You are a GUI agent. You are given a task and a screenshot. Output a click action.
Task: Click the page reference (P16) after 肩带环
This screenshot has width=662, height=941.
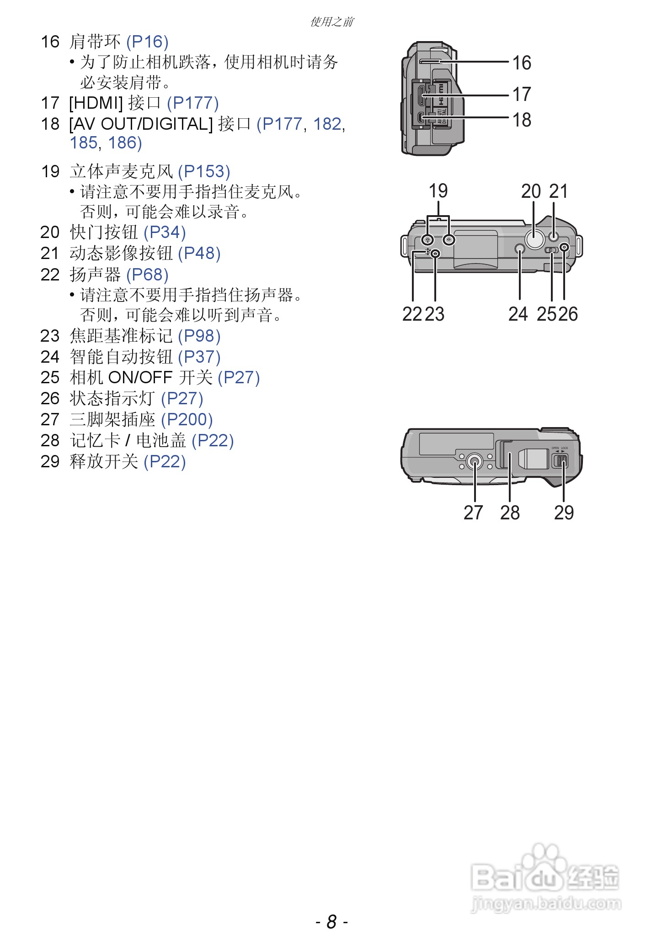[x=147, y=42]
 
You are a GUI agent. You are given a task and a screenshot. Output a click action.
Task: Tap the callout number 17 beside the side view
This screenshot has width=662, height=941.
[x=521, y=95]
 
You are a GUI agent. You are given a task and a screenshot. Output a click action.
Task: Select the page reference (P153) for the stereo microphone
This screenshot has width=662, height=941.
[x=204, y=172]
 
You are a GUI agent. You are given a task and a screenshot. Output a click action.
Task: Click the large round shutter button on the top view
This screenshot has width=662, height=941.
[x=534, y=239]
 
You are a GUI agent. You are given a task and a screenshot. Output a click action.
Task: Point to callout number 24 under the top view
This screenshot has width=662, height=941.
[x=518, y=314]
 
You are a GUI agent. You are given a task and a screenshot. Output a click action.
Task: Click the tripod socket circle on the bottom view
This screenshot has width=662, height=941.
[x=475, y=463]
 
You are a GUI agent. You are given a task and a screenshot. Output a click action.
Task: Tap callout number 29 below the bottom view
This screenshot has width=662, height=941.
[x=563, y=513]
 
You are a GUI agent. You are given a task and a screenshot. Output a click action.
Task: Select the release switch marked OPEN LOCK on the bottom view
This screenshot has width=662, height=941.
[x=561, y=461]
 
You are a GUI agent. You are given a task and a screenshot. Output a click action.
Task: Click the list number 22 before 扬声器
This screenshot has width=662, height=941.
[x=50, y=275]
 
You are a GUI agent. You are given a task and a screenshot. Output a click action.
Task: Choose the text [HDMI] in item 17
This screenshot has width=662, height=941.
[x=96, y=103]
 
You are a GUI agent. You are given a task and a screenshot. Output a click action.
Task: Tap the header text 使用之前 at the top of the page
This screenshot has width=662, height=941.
[x=331, y=21]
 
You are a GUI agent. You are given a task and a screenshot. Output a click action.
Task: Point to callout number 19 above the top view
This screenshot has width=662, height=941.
[x=438, y=191]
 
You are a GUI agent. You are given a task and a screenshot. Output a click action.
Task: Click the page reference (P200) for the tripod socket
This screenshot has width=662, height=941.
[x=187, y=419]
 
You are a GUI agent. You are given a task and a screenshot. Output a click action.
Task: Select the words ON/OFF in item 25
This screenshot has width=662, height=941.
[x=140, y=378]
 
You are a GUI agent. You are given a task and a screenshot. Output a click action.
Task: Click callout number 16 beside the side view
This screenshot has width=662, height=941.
[x=521, y=63]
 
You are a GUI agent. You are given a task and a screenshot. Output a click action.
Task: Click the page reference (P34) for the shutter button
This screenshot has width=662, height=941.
[x=165, y=233]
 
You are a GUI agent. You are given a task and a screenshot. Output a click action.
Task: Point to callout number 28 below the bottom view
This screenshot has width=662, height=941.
[x=510, y=513]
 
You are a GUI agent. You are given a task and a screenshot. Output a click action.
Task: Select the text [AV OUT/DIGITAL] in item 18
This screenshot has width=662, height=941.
[x=141, y=124]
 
